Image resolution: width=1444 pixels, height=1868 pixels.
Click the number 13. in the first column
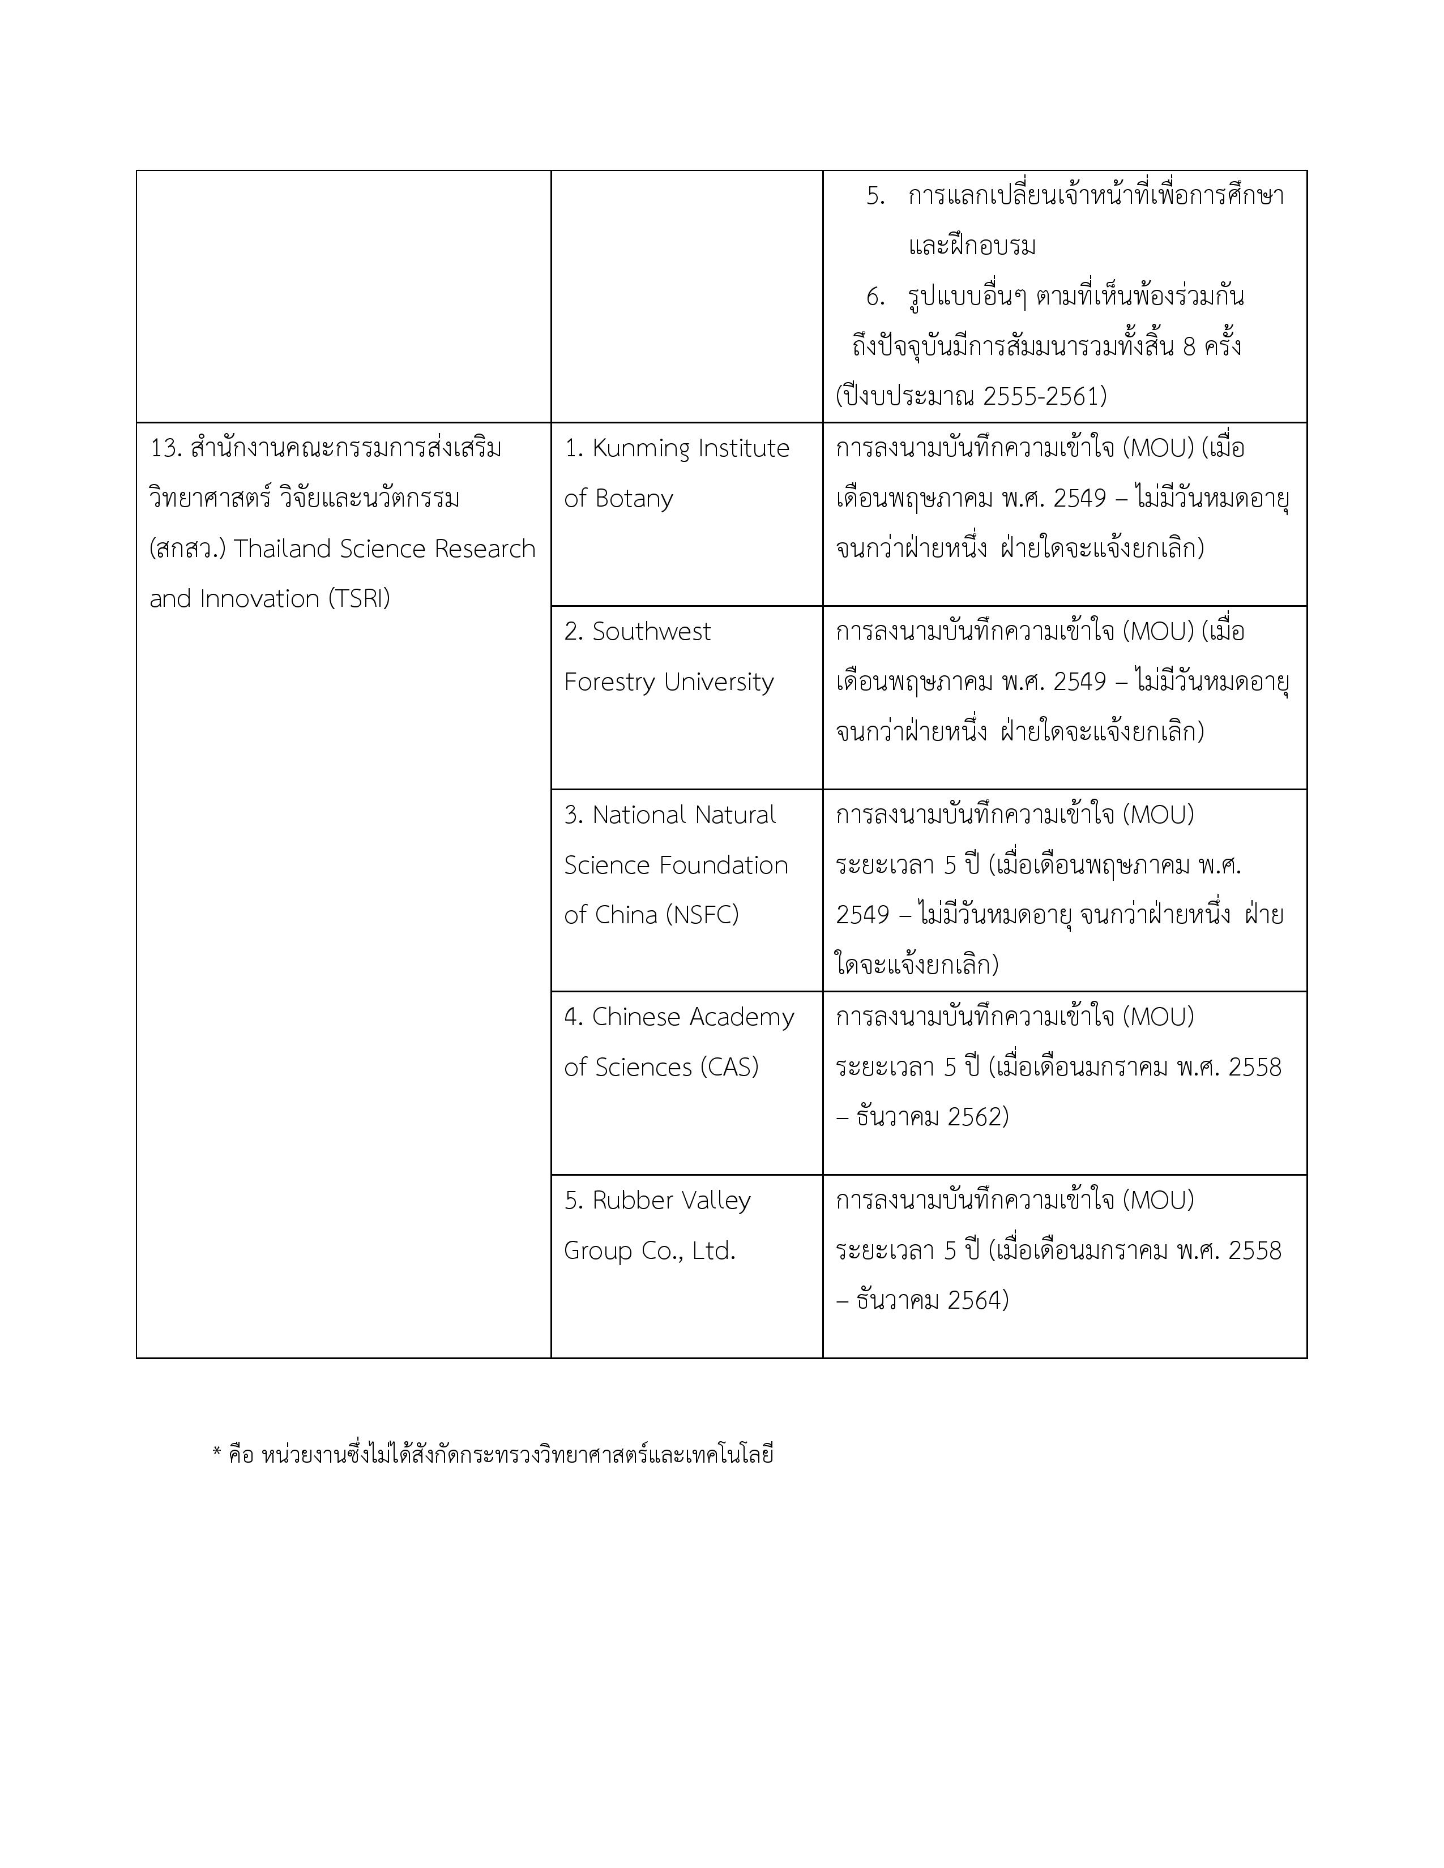164,448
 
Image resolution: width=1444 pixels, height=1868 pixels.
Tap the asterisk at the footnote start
216,1453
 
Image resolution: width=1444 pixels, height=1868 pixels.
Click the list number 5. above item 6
874,196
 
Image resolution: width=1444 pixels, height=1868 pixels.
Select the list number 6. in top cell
874,297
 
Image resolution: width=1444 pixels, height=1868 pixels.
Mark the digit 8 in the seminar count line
1189,347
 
